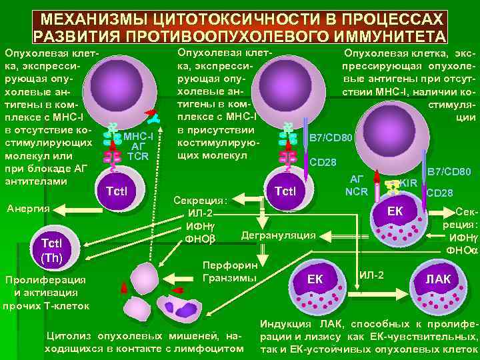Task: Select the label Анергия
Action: coord(25,209)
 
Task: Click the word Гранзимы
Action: coord(229,277)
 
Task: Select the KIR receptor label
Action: coord(409,182)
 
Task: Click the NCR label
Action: coord(357,191)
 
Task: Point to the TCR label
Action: coord(138,157)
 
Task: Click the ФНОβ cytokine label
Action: coord(200,238)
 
